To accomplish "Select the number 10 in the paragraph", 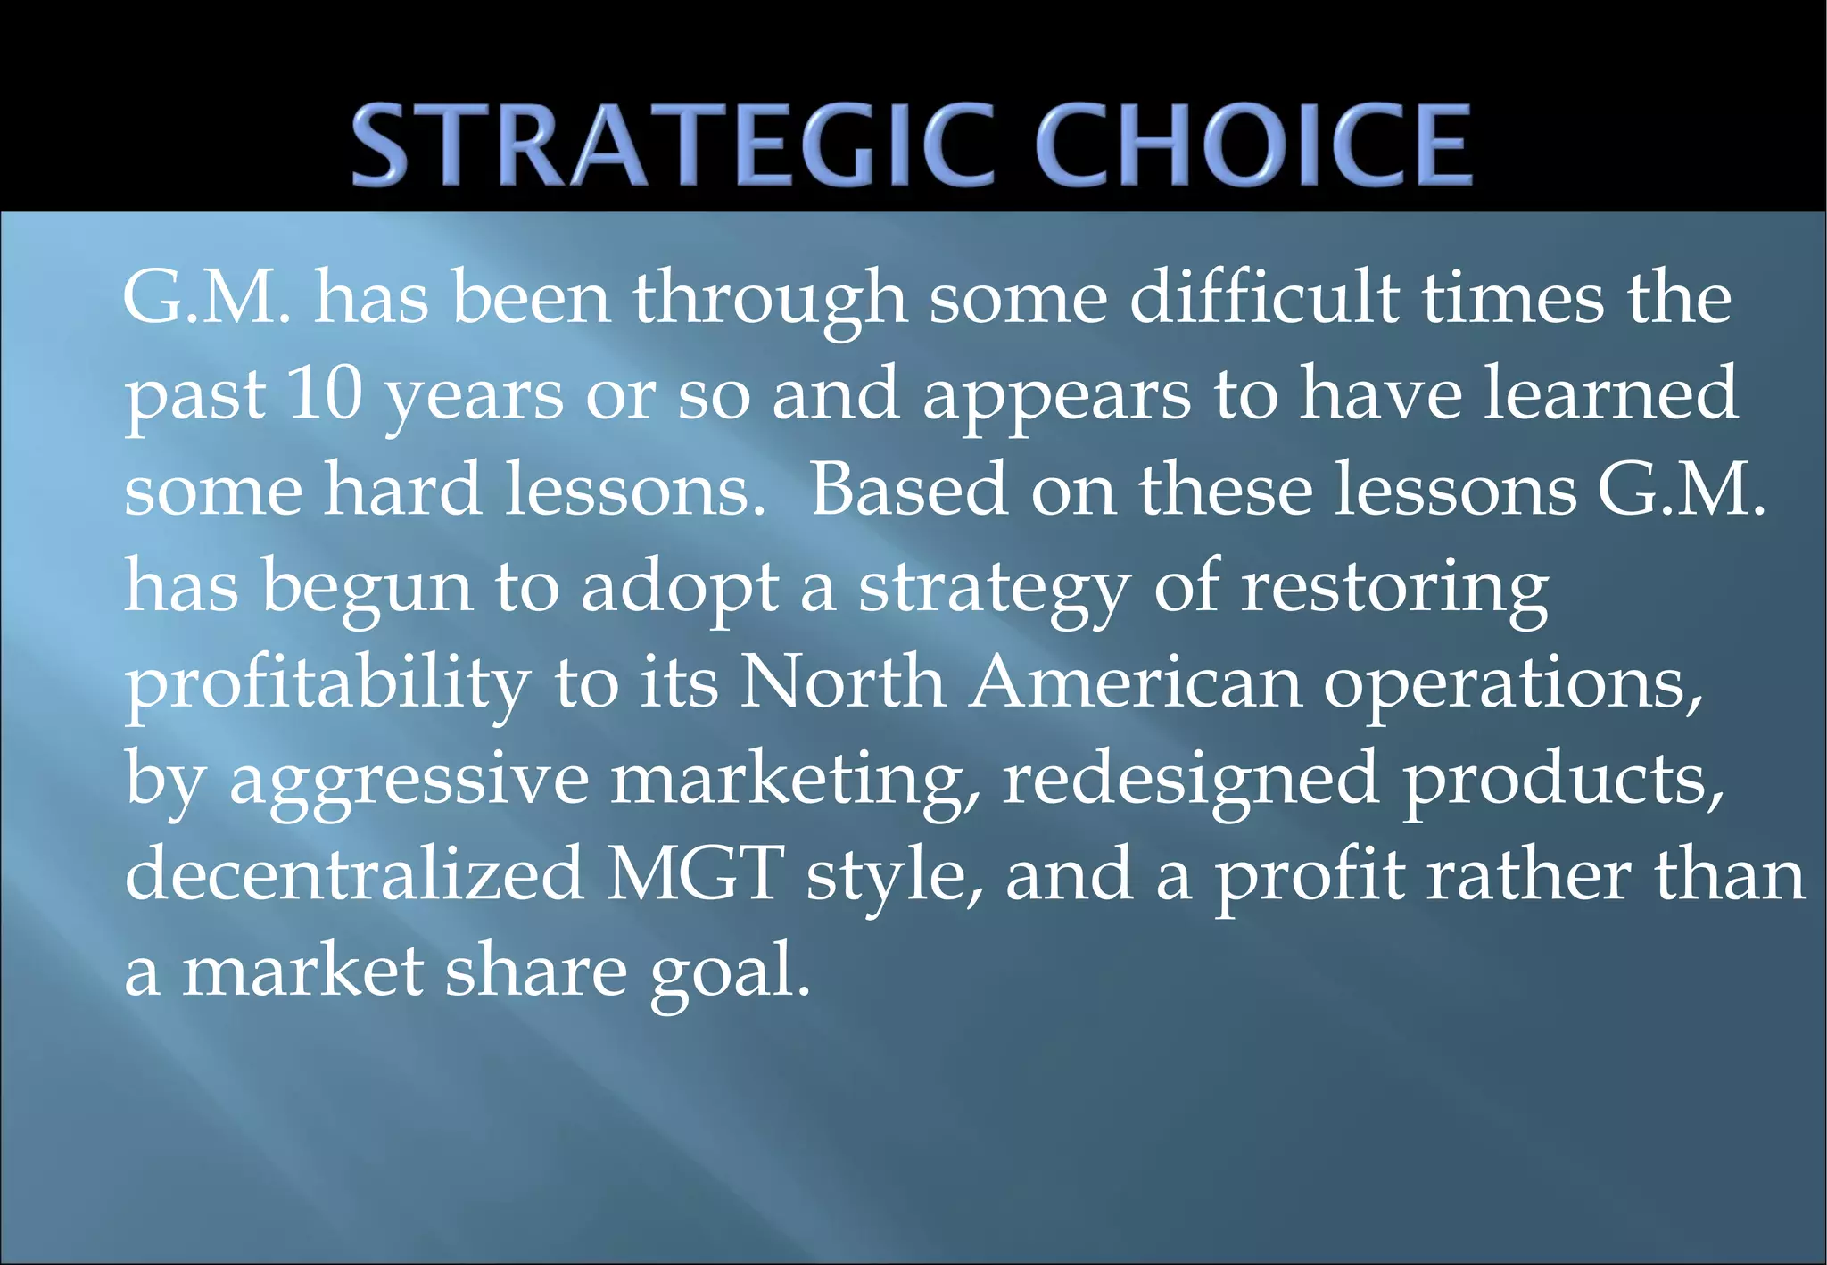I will point(326,393).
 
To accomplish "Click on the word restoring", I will point(1394,590).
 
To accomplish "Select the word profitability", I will point(327,684).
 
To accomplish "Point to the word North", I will point(842,682).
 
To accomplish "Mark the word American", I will point(1136,682).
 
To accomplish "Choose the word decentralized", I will point(354,875).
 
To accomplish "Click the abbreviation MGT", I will point(696,875).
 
